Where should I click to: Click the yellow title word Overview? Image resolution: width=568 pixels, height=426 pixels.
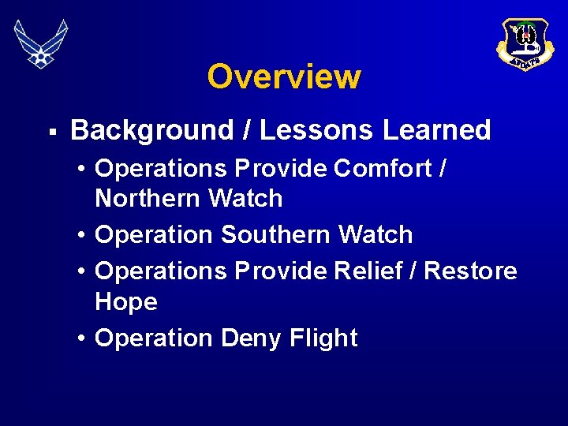pyautogui.click(x=284, y=77)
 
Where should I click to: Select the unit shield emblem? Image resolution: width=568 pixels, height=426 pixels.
pyautogui.click(x=525, y=43)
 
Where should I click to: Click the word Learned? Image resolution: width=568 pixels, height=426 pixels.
pyautogui.click(x=437, y=130)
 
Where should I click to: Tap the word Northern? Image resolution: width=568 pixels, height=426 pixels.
pyautogui.click(x=148, y=199)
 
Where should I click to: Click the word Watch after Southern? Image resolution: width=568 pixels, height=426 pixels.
pyautogui.click(x=376, y=235)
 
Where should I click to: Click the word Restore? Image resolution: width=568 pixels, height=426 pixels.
pyautogui.click(x=471, y=271)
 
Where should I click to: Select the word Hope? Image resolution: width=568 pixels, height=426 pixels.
pyautogui.click(x=126, y=301)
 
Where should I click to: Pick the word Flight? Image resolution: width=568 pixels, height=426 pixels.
pyautogui.click(x=323, y=338)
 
